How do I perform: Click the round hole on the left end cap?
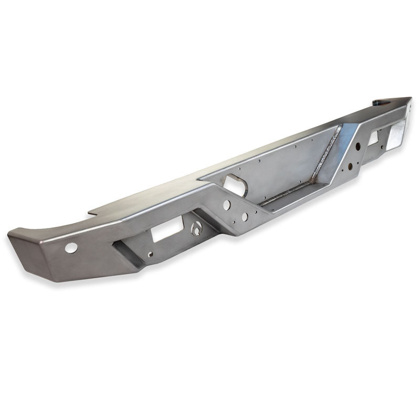coord(71,247)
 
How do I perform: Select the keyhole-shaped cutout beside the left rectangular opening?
coord(196,229)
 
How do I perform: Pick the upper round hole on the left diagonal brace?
coord(227,204)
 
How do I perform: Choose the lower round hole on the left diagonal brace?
coord(245,216)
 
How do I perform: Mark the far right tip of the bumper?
coord(410,100)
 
